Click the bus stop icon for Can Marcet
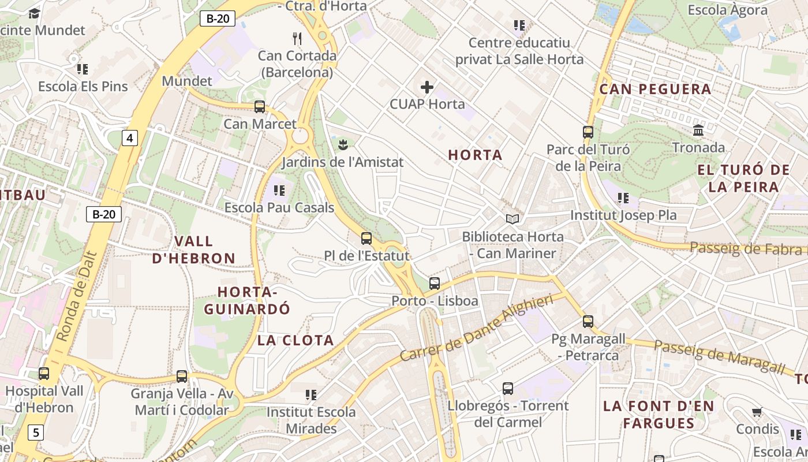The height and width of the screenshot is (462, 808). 260,107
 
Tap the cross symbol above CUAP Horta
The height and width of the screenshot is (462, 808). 427,87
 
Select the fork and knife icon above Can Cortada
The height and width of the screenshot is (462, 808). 297,39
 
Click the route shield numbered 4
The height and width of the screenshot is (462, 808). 130,138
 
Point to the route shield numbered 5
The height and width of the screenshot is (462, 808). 36,432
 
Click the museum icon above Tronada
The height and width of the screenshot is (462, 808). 698,130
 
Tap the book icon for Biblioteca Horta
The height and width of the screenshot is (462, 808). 513,219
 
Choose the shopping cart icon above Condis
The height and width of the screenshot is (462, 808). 757,412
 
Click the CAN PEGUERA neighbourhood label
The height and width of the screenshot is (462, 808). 655,90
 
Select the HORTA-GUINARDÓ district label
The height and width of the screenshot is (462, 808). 247,300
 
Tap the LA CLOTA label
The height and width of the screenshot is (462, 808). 295,340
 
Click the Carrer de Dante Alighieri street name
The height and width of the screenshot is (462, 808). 476,327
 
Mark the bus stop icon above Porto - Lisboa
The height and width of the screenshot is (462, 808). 435,284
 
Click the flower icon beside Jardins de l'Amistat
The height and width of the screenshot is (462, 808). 343,144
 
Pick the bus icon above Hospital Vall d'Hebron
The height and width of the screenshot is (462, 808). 44,374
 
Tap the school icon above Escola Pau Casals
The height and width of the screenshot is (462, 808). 279,190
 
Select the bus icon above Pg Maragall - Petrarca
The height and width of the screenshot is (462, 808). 588,322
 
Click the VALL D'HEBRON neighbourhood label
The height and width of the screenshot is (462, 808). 193,249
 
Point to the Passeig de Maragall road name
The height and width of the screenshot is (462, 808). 719,357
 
